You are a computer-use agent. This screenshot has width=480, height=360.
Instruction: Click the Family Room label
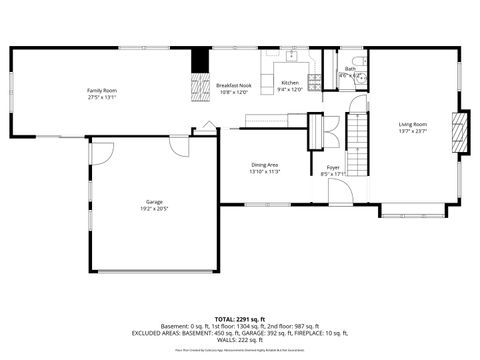[x=102, y=91]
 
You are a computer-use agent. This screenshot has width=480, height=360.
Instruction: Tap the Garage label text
[x=154, y=201]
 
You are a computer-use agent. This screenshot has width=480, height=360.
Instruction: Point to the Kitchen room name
[x=290, y=83]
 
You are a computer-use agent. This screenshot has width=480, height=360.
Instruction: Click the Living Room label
[x=413, y=124]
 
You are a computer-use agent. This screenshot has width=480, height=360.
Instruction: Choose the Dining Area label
[x=264, y=164]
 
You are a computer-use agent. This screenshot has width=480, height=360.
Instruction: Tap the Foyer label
[x=333, y=167]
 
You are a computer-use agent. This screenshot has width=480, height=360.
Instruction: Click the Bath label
[x=350, y=69]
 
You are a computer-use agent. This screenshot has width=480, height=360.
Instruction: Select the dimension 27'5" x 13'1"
[x=102, y=98]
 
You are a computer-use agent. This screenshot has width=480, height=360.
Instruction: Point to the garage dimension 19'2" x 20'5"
[x=154, y=208]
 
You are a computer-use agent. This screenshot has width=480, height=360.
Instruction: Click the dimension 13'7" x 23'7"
[x=413, y=131]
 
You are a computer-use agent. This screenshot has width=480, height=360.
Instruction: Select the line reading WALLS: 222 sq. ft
[x=240, y=340]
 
